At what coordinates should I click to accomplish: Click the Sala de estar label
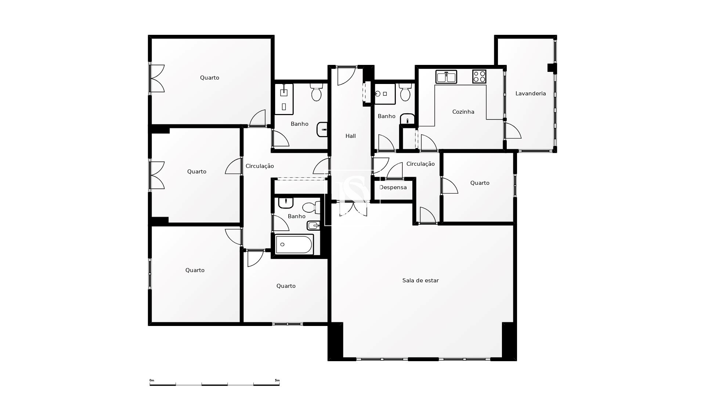pos(420,280)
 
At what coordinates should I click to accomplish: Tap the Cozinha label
pos(463,112)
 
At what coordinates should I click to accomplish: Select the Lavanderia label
pos(531,93)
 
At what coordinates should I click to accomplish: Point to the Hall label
pos(351,136)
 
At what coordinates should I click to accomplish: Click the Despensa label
pos(393,187)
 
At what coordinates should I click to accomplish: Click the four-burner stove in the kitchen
pos(479,77)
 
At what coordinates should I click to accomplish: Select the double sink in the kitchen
pos(446,77)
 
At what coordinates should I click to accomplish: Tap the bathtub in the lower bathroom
pos(294,244)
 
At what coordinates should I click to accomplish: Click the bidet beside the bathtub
pos(313,225)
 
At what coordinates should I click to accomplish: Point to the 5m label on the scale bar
pos(277,381)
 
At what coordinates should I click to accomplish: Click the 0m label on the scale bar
pos(152,381)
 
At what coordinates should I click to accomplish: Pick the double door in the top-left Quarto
pos(157,78)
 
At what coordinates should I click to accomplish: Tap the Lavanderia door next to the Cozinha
pos(513,131)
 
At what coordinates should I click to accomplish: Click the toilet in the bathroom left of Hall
pos(317,92)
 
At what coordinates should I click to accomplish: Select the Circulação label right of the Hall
pos(420,164)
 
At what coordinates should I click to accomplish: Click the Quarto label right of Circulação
pos(480,183)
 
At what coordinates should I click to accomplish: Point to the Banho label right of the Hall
pos(386,116)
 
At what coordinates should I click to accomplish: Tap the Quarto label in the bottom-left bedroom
pos(195,270)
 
